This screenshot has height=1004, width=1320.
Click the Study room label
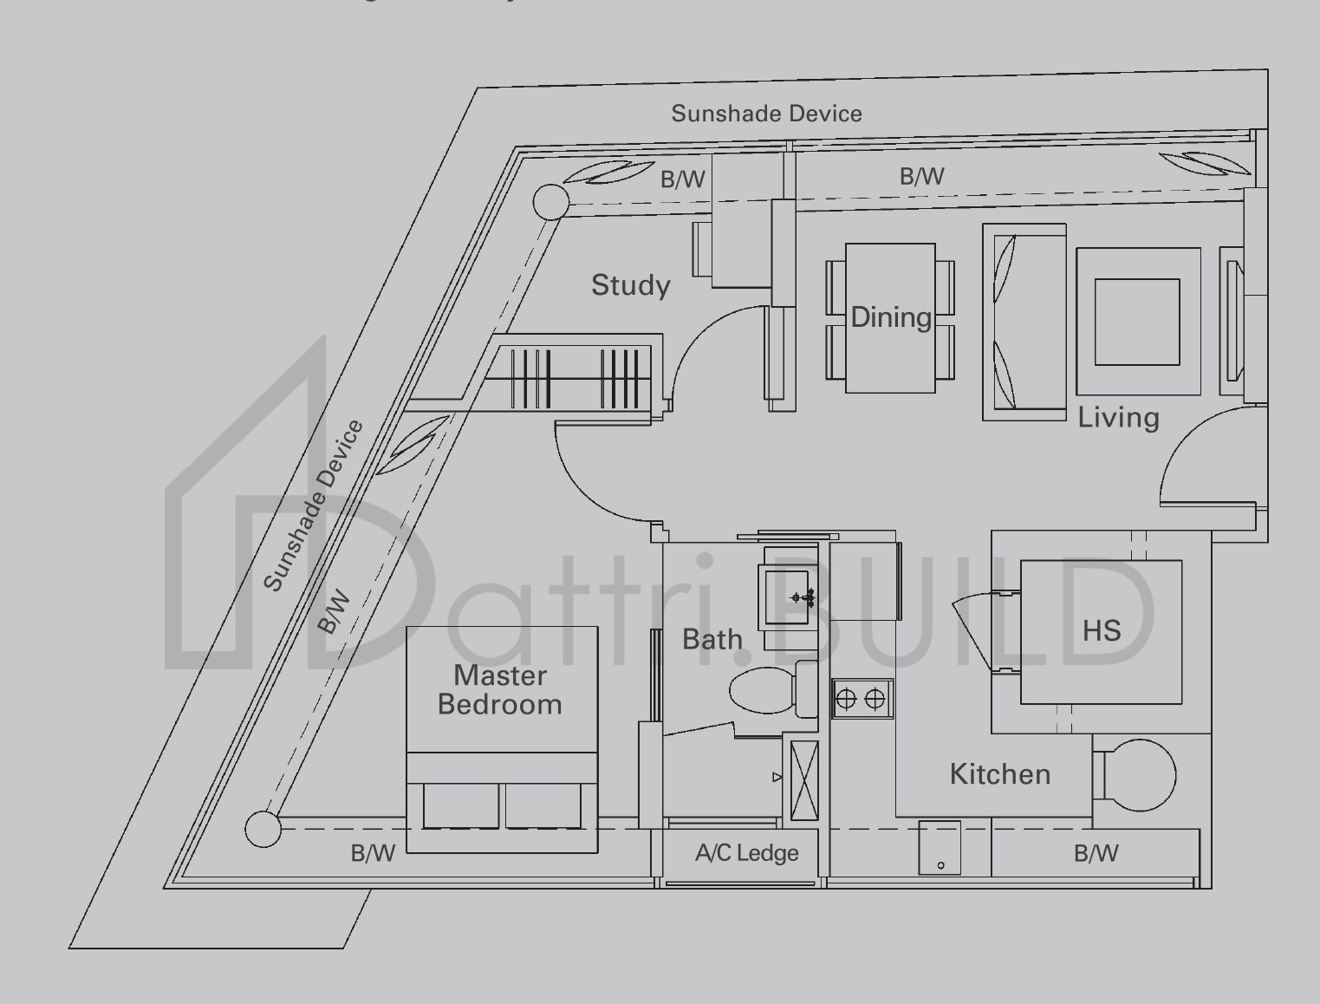(630, 285)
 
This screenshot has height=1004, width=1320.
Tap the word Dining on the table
(890, 317)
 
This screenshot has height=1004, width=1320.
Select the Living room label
(1118, 418)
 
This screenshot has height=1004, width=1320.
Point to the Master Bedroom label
(500, 689)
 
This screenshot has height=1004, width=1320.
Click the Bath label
(712, 640)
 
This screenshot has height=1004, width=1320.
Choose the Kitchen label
(1000, 774)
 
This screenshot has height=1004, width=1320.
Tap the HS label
(1102, 630)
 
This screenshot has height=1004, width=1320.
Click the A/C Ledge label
(746, 854)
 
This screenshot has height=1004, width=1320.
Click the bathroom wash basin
(786, 597)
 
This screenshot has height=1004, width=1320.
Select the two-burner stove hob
(862, 699)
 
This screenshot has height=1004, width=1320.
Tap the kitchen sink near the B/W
(940, 848)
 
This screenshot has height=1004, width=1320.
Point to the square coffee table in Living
(1137, 322)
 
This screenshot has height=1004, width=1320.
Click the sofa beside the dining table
(1024, 322)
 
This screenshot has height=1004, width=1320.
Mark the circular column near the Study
(549, 202)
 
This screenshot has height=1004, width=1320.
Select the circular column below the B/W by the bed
(263, 829)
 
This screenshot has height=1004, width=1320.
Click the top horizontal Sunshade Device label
(766, 114)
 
